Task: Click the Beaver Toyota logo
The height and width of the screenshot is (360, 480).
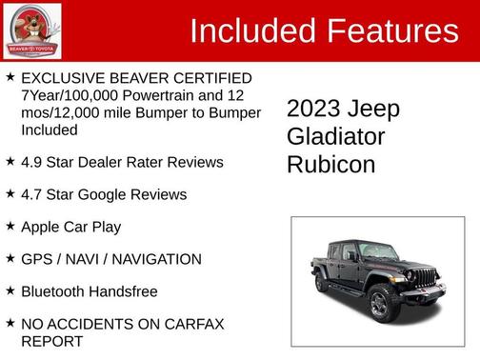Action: [31, 30]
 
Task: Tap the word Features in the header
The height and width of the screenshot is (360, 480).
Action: [392, 31]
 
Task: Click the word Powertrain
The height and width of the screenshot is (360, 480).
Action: [169, 95]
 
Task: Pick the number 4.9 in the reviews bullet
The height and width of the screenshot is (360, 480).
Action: [32, 162]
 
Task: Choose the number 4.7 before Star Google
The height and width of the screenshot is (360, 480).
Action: [32, 194]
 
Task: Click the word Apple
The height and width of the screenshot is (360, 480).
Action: [43, 227]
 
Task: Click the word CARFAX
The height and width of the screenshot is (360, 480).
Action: [190, 324]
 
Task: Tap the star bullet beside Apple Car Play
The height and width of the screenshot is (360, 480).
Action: [10, 226]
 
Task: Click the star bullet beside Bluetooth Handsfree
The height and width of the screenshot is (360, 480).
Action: [10, 290]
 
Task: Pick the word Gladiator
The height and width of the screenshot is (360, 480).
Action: [336, 136]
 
